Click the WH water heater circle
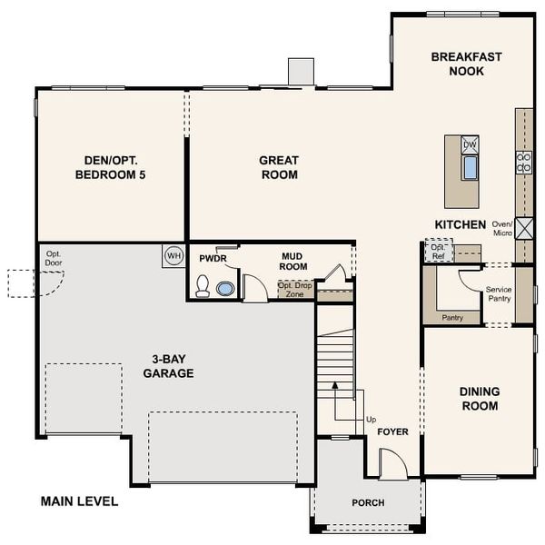tap(173, 256)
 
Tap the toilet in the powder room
tap(203, 286)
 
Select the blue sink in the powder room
tap(225, 289)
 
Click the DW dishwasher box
tap(470, 144)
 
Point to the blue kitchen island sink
tap(470, 167)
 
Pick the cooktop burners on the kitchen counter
tap(524, 163)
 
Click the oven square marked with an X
tap(524, 228)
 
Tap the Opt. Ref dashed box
tap(439, 251)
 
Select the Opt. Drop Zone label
tap(295, 290)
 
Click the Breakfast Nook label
tap(467, 64)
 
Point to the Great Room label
tap(279, 167)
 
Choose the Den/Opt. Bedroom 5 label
tap(111, 167)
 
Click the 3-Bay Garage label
tap(169, 366)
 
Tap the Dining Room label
tap(480, 399)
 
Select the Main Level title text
tap(79, 501)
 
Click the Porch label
tap(368, 503)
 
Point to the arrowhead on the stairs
tap(334, 385)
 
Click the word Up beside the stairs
tap(372, 420)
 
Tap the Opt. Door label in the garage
tap(54, 258)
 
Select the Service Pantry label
tap(499, 294)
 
